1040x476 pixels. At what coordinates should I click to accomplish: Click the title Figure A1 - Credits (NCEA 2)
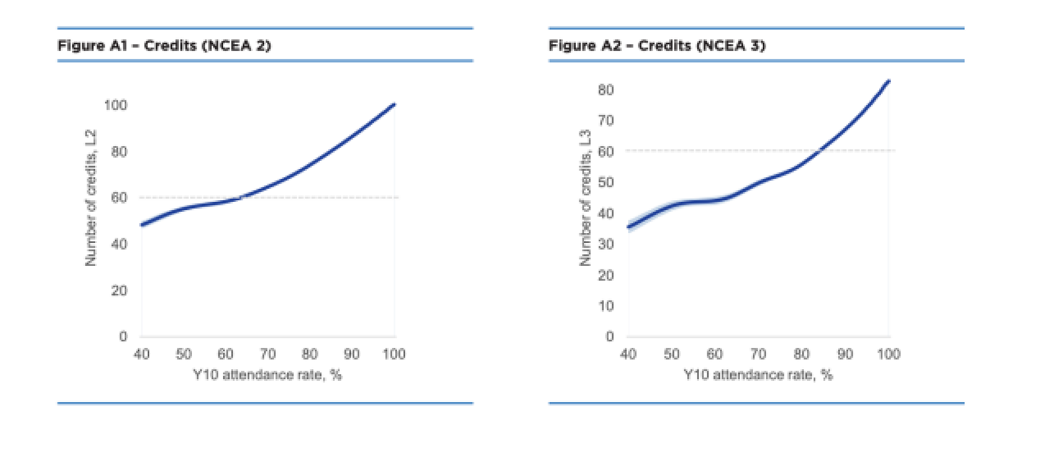(164, 46)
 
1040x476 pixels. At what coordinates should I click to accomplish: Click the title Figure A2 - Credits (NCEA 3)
(657, 46)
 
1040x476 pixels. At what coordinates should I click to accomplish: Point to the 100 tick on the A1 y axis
(115, 105)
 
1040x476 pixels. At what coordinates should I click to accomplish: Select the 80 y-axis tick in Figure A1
(119, 152)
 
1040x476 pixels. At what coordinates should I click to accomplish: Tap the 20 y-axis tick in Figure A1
(119, 290)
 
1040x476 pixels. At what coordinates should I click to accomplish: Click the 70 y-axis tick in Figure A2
(605, 121)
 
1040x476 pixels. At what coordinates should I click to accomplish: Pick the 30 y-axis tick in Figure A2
(605, 244)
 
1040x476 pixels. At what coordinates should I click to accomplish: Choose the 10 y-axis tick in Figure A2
(605, 306)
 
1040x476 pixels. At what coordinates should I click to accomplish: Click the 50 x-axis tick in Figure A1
(183, 354)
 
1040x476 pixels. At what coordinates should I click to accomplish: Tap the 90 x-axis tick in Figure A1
(352, 354)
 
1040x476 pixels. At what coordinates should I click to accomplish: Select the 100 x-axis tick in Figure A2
(888, 354)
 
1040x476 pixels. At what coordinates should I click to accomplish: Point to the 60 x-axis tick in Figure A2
(714, 354)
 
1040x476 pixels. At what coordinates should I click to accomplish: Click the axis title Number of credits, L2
(91, 198)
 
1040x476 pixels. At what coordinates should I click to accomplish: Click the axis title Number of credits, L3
(586, 198)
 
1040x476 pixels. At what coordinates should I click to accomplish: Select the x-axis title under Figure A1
(267, 375)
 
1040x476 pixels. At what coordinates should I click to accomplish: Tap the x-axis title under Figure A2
(758, 375)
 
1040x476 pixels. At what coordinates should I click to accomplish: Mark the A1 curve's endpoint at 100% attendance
(394, 105)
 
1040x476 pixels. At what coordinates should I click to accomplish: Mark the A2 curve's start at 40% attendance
(629, 227)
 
